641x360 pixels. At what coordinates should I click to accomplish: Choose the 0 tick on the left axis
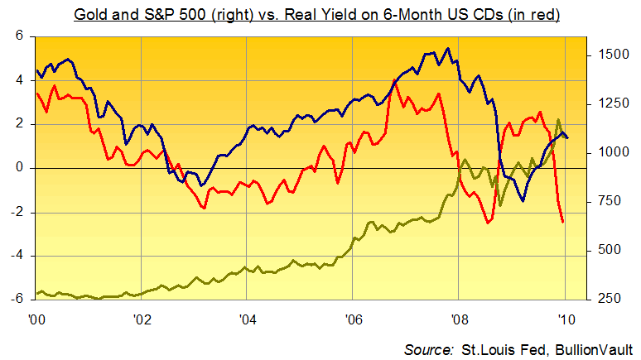pos(19,168)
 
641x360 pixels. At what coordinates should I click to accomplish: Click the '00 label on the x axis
pos(36,317)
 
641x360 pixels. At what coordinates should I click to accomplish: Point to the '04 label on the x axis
pos(247,317)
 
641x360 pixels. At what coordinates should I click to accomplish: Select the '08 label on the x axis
pos(458,317)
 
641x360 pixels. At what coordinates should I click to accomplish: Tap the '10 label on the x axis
pos(565,317)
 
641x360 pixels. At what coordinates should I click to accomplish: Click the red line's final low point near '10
pos(563,222)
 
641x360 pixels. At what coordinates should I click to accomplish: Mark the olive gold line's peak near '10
pos(558,120)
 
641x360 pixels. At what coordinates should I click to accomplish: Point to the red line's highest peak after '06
pos(395,80)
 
